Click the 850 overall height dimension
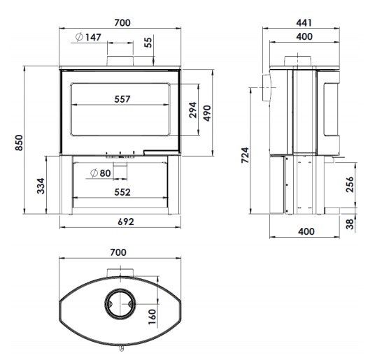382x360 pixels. (x=19, y=143)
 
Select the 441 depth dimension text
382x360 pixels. (x=304, y=23)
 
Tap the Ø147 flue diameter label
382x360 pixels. (x=88, y=37)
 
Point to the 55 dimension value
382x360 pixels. (x=148, y=43)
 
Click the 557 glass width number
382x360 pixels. (x=122, y=99)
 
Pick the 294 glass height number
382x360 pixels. (x=193, y=110)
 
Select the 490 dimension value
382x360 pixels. (x=207, y=113)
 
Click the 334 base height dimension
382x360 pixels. (x=41, y=186)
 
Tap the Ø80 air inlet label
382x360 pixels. (x=101, y=173)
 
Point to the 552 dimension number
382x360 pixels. (x=122, y=192)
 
